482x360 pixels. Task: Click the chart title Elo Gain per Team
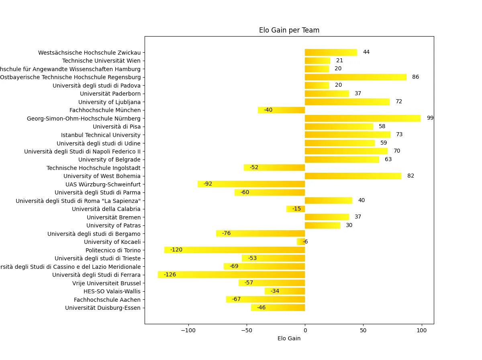(x=289, y=30)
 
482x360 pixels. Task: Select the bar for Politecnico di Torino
(x=235, y=250)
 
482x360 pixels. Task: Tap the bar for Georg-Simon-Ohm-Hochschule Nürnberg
(x=363, y=118)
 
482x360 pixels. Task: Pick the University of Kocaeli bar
(x=301, y=242)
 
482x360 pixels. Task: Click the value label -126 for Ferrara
(x=170, y=275)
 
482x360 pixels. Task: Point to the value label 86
(x=415, y=77)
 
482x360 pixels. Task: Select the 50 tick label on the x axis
(x=363, y=330)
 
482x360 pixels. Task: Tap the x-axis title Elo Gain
(x=289, y=339)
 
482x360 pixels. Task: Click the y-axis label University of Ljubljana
(x=109, y=102)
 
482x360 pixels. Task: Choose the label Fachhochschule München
(x=105, y=110)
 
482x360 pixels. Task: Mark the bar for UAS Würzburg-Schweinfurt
(x=251, y=184)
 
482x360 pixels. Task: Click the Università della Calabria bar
(x=296, y=209)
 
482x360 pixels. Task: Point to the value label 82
(x=411, y=176)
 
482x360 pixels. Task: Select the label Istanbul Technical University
(x=101, y=135)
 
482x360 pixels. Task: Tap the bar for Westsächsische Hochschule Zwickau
(x=331, y=52)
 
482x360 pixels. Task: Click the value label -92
(x=208, y=184)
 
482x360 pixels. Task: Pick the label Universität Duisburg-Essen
(x=103, y=308)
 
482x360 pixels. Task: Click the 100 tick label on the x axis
(x=421, y=330)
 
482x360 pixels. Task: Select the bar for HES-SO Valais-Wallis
(x=285, y=291)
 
